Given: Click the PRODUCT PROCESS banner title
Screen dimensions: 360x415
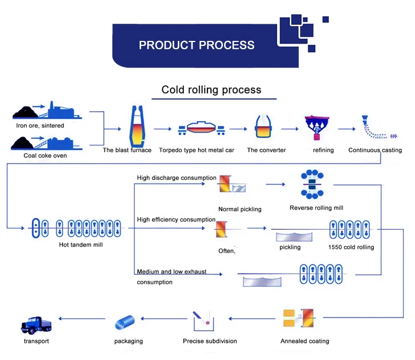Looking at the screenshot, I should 196,45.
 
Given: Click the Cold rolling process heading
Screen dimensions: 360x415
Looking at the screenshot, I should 211,90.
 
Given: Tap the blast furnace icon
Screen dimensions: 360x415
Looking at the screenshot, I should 136,127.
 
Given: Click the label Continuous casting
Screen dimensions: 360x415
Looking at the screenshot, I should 375,150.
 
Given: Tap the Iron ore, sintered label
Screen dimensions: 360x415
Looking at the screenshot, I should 40,126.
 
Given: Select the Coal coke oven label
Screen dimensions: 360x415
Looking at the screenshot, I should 45,155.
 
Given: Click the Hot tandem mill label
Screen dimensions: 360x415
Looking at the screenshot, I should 81,244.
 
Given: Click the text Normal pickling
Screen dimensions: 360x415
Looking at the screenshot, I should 240,209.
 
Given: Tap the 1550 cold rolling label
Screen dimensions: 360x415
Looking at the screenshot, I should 351,247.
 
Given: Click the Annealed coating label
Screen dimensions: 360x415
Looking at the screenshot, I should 304,341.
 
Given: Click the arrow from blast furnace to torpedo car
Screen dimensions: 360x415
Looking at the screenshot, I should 163,129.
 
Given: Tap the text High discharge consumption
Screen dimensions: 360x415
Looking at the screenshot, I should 177,178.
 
